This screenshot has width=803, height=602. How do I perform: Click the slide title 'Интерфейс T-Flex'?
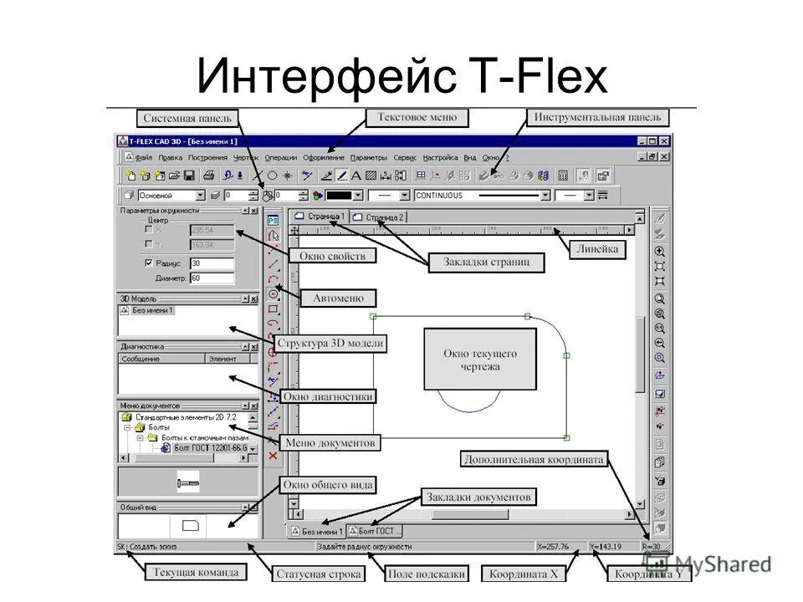tap(401, 78)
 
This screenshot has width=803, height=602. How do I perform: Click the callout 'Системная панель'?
tap(187, 118)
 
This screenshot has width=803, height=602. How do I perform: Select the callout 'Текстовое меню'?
tap(417, 118)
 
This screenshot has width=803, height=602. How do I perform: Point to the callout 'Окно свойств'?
tap(333, 255)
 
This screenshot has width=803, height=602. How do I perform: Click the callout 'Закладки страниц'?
tap(486, 263)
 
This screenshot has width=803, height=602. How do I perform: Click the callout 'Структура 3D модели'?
tap(330, 343)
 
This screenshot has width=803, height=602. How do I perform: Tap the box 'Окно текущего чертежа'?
tap(480, 360)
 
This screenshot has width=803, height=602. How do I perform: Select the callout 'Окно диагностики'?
tap(328, 396)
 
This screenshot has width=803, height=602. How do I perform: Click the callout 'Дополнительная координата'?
tap(532, 459)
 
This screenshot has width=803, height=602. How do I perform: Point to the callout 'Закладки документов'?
tap(477, 496)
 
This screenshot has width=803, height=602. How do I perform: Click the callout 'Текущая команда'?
tap(195, 573)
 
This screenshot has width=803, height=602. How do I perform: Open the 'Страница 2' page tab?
tap(379, 217)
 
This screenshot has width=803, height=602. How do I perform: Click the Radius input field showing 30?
tap(212, 263)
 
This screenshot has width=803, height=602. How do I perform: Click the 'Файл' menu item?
tap(143, 157)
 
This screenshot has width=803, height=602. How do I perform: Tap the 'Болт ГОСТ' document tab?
tap(376, 531)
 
